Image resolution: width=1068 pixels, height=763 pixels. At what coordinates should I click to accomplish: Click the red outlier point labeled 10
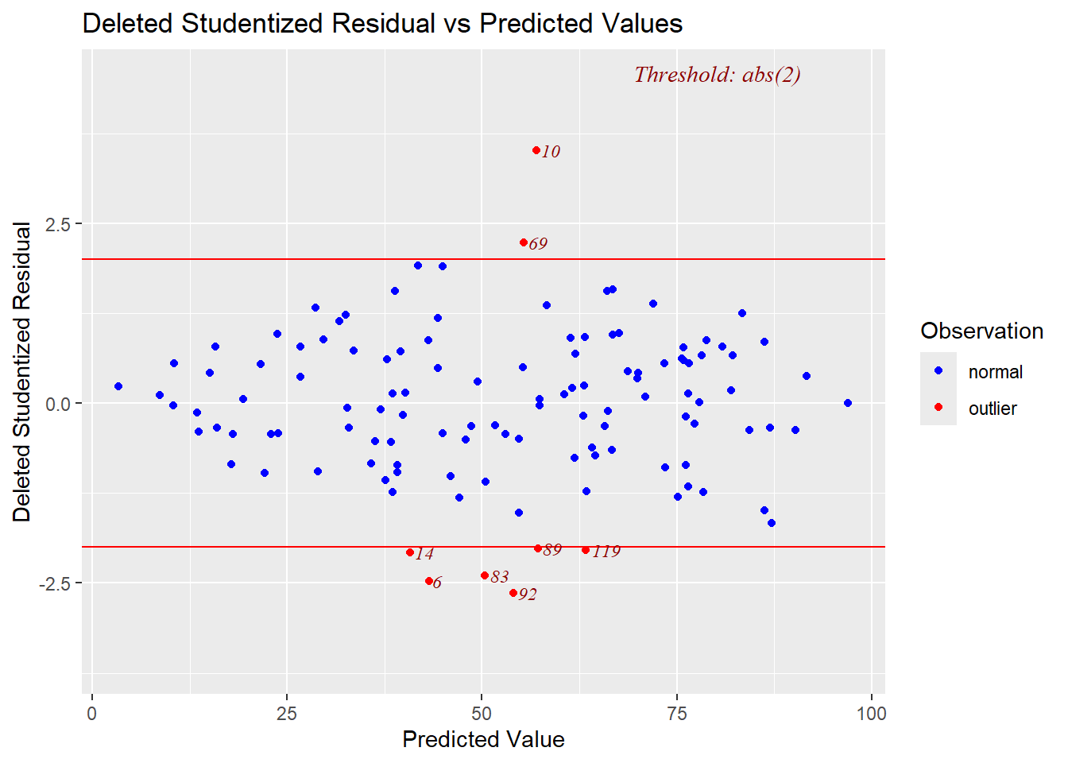pyautogui.click(x=536, y=150)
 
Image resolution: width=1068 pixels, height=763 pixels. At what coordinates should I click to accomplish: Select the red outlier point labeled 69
pyautogui.click(x=524, y=242)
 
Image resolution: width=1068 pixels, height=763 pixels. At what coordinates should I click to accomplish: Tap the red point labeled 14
pyautogui.click(x=410, y=552)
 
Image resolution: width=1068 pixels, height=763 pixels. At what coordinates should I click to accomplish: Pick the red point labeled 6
pyautogui.click(x=429, y=581)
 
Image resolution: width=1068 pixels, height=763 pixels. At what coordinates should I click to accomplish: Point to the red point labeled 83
pyautogui.click(x=485, y=575)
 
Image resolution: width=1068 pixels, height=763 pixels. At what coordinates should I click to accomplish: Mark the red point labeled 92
pyautogui.click(x=513, y=593)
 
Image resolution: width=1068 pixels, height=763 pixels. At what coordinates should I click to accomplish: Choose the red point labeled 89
pyautogui.click(x=538, y=548)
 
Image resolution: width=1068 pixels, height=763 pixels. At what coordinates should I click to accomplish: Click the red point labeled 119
pyautogui.click(x=586, y=550)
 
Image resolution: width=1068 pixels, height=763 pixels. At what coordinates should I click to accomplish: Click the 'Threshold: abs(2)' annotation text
pyautogui.click(x=717, y=75)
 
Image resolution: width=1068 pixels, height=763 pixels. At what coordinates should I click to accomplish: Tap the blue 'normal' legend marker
pyautogui.click(x=938, y=371)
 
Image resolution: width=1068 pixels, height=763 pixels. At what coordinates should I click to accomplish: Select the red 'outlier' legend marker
pyautogui.click(x=938, y=408)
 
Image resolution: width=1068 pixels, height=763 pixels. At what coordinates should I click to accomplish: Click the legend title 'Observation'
pyautogui.click(x=981, y=331)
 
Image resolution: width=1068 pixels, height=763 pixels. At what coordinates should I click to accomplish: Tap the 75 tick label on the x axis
pyautogui.click(x=677, y=714)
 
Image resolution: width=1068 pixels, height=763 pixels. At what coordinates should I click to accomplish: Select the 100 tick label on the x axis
pyautogui.click(x=872, y=714)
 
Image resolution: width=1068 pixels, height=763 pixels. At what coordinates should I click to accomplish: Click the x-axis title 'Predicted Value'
pyautogui.click(x=483, y=739)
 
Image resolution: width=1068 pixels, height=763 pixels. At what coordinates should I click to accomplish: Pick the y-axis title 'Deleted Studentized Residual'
pyautogui.click(x=22, y=371)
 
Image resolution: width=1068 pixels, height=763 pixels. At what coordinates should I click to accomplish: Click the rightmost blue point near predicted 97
pyautogui.click(x=848, y=403)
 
